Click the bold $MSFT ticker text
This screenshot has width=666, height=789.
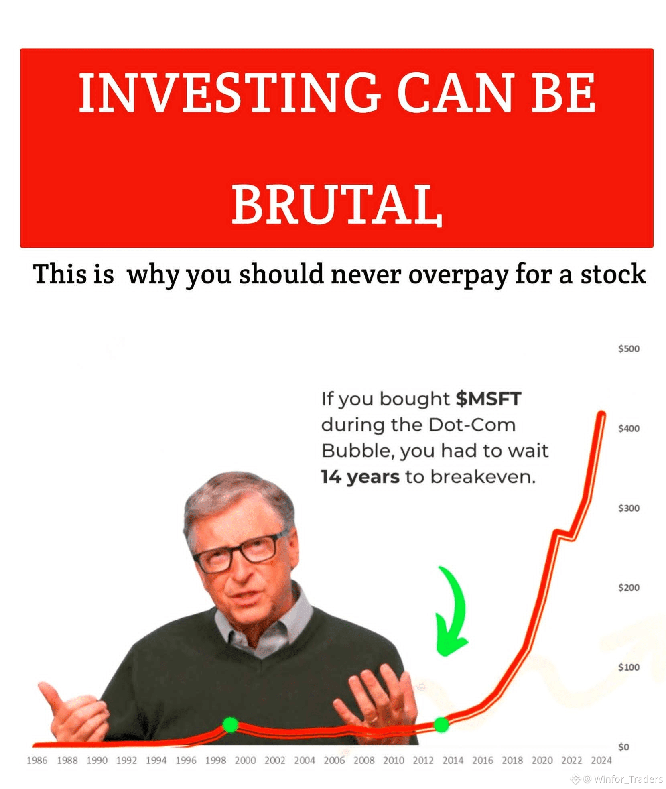tap(488, 399)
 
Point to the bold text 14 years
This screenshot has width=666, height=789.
tap(360, 477)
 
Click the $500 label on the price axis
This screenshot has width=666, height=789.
tap(629, 348)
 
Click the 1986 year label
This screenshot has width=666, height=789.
tap(37, 760)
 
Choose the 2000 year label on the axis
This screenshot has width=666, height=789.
tap(245, 760)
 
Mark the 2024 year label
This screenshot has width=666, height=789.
tap(601, 760)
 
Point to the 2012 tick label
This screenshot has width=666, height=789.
tap(423, 760)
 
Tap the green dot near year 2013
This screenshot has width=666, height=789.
tap(441, 724)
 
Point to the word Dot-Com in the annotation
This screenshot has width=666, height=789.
tap(472, 425)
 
